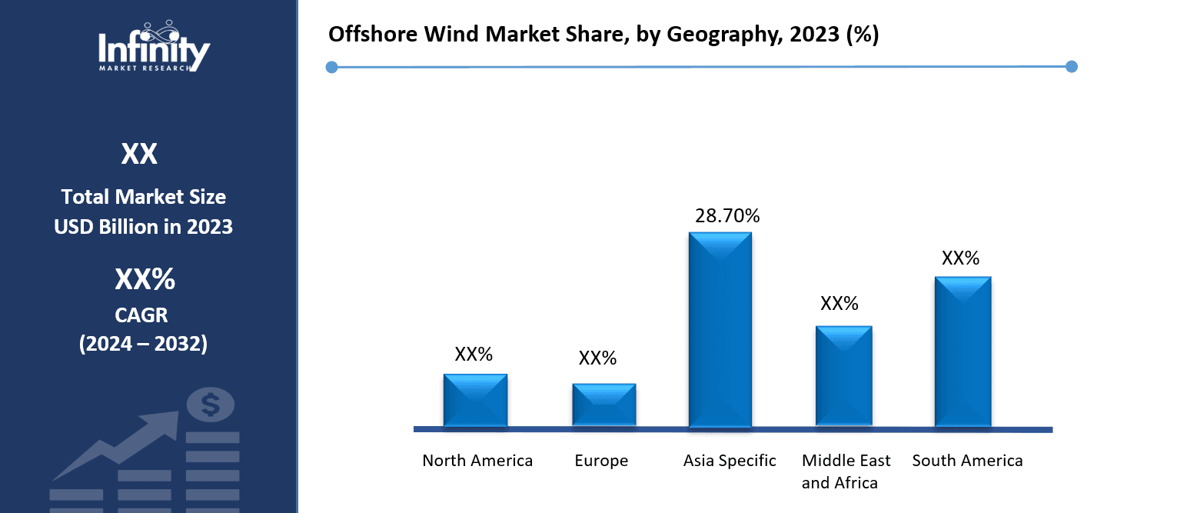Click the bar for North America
click(475, 400)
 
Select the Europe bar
click(603, 405)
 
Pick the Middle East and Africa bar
click(843, 376)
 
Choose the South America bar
click(963, 351)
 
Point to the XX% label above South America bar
click(960, 258)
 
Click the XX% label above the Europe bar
click(597, 358)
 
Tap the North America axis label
click(477, 461)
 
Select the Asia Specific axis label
click(730, 461)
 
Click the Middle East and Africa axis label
click(845, 471)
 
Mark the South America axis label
click(967, 461)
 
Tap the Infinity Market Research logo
click(154, 48)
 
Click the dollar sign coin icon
click(211, 404)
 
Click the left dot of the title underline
click(331, 67)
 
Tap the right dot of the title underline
click(1072, 67)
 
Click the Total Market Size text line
click(144, 197)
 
